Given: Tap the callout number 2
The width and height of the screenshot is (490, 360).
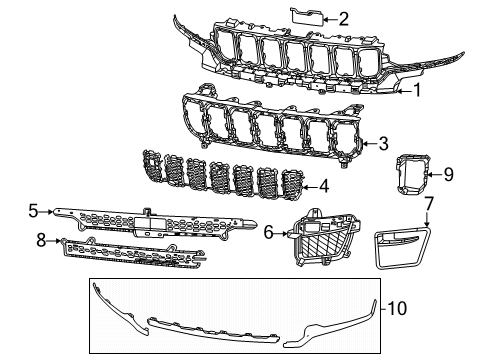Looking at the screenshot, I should coord(343,18).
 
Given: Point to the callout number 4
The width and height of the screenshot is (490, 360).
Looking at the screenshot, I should coord(323,186).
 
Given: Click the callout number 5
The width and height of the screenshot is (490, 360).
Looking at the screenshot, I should coord(33,211).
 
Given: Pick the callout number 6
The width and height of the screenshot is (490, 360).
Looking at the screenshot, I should coord(269,232).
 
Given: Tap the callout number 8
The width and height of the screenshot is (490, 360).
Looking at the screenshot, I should coord(40,240).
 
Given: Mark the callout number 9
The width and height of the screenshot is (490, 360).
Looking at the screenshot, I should coord(448,175).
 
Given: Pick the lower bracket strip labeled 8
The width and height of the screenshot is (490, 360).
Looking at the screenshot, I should coord(130,256).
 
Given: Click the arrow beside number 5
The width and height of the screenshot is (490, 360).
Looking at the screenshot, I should coord(46,212).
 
